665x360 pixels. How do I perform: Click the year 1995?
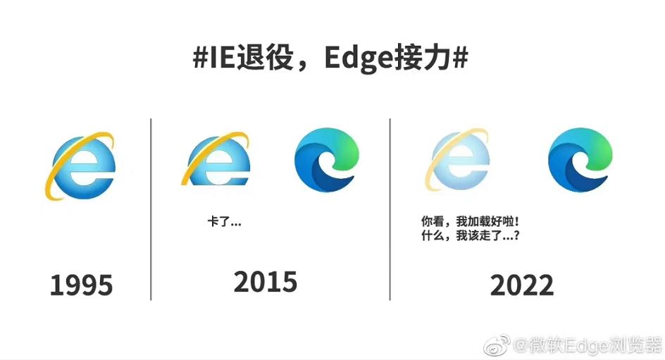coord(81,285)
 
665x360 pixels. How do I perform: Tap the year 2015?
coord(266,283)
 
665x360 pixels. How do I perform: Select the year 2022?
coord(522,286)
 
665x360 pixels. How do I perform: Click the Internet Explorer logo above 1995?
coord(82,165)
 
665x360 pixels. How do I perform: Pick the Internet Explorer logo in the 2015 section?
coord(218,159)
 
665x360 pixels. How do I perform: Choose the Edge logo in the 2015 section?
coord(327,159)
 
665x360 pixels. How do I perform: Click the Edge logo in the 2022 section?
coord(580,159)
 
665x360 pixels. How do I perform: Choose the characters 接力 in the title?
coord(426,59)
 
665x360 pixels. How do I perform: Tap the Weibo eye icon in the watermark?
coord(500,345)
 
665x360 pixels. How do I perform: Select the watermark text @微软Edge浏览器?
coord(589,346)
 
